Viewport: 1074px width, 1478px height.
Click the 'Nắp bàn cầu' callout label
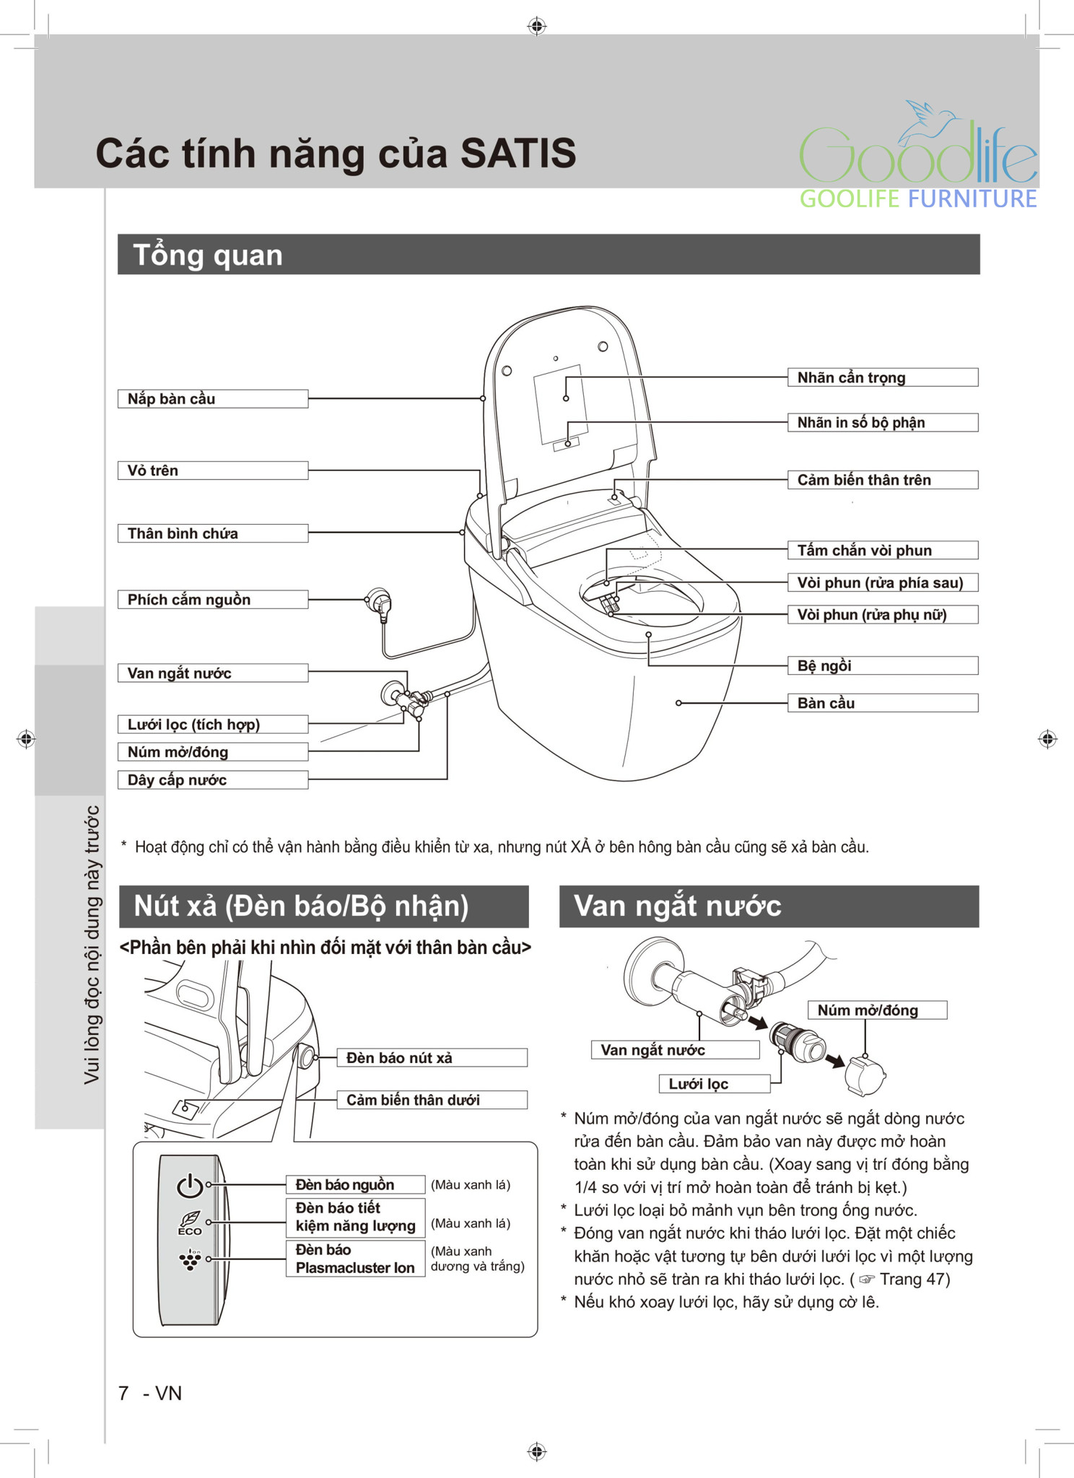(212, 399)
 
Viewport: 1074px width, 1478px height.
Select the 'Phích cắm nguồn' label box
(212, 600)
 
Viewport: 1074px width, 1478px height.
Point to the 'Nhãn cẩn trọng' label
(882, 377)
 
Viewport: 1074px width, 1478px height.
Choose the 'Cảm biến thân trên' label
(882, 480)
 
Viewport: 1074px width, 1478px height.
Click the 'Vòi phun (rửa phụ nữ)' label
(882, 615)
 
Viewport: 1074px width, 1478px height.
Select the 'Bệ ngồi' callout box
(882, 665)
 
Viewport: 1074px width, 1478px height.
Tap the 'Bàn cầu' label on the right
(882, 703)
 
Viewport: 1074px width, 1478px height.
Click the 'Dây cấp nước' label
(212, 780)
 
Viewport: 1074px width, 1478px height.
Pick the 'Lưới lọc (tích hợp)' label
(212, 725)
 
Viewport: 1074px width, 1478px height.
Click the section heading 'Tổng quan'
(208, 255)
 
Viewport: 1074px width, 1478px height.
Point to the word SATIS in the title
(518, 154)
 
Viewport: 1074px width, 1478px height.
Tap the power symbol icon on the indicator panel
(190, 1185)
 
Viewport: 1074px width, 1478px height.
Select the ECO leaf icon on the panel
(190, 1223)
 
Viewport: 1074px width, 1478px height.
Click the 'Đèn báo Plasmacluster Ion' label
(354, 1259)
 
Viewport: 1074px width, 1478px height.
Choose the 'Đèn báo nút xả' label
(432, 1058)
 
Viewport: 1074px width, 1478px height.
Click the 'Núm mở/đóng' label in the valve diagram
(876, 1010)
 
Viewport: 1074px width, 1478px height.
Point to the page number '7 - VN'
(150, 1393)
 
